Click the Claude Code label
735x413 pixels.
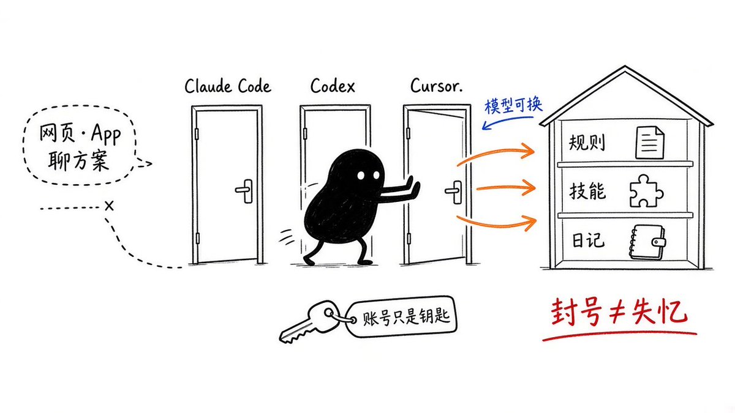click(228, 86)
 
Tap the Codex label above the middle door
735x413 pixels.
click(333, 86)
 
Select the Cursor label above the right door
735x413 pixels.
click(436, 85)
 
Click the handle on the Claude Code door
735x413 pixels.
click(245, 191)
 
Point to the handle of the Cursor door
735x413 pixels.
click(454, 192)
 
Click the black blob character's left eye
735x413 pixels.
click(361, 176)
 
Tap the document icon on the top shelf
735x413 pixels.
click(650, 143)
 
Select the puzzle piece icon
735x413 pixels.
click(646, 191)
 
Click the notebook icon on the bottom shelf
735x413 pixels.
click(647, 242)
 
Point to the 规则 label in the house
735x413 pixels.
click(587, 143)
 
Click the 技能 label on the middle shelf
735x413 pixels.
click(587, 191)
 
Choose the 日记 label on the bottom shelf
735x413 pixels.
click(588, 240)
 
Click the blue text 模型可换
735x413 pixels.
click(513, 105)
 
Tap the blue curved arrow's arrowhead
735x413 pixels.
click(486, 125)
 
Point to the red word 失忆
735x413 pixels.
click(660, 311)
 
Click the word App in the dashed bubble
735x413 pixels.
click(105, 134)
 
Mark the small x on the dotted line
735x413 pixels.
click(109, 206)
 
